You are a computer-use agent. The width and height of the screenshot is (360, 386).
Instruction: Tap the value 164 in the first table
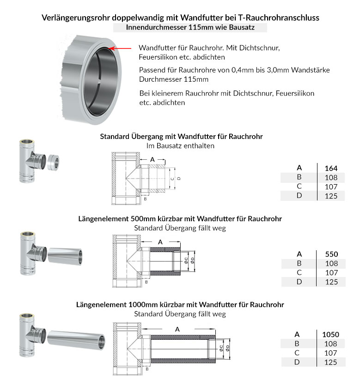point(331,168)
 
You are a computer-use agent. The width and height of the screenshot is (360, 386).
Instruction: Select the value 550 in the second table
point(331,254)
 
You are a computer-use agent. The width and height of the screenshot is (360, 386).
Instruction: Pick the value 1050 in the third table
point(331,334)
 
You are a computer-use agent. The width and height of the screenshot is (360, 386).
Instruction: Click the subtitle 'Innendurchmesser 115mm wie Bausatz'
point(190,27)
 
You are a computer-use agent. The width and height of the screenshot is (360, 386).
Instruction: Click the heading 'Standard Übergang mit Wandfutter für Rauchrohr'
point(182,137)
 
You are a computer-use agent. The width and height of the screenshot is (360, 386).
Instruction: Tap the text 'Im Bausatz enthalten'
point(180,145)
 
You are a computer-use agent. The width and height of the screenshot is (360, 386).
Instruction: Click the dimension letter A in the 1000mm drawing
point(177,329)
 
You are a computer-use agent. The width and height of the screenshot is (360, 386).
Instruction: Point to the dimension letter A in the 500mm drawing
point(160,242)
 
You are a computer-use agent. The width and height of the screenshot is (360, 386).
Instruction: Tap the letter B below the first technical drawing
point(145,199)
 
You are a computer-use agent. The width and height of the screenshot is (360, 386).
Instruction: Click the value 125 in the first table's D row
point(331,196)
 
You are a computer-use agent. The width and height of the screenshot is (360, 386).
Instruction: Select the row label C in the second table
point(299,272)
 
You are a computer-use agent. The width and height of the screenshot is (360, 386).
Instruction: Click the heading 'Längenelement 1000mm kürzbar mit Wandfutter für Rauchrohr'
point(180,305)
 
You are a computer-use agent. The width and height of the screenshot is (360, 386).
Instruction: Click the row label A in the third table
point(297,334)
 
